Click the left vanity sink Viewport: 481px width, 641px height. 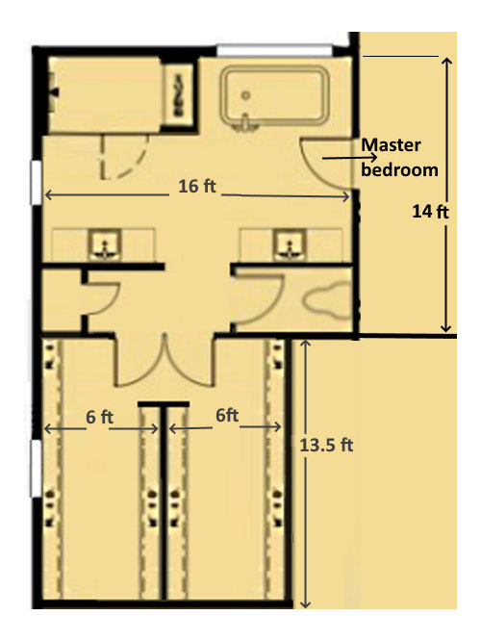click(x=101, y=244)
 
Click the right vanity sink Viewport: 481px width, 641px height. click(x=286, y=244)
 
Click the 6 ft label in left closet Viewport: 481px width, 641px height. click(x=100, y=419)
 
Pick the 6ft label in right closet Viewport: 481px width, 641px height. click(x=227, y=416)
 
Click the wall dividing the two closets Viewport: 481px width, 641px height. click(x=163, y=500)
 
